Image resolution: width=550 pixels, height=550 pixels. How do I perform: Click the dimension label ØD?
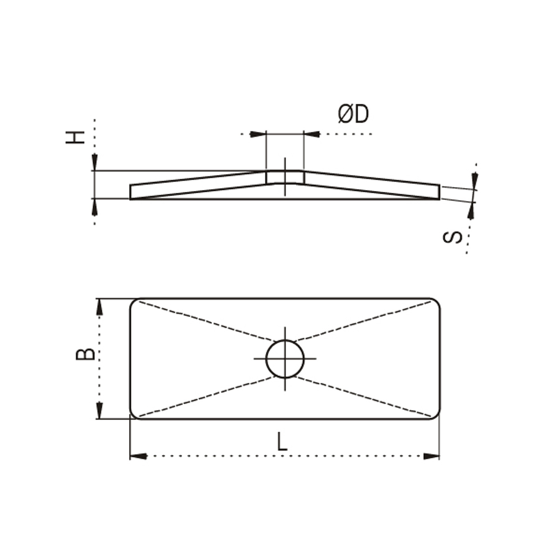pos(353,114)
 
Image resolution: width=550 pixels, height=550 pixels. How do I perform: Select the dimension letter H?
pos(75,137)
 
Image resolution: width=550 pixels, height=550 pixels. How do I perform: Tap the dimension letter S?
pos(453,238)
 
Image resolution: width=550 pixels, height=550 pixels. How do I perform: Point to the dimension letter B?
pos(85,354)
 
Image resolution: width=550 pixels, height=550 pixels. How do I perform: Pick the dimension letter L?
pos(282,441)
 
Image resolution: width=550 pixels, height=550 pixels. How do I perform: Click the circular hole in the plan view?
pos(285,359)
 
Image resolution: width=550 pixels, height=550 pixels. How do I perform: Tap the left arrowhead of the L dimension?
pos(139,456)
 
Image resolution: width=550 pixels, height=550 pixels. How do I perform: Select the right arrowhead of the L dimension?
pos(431,456)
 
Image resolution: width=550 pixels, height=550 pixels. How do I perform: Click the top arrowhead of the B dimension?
pos(100,307)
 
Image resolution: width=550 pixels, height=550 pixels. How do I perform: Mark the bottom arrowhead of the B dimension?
pos(100,410)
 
